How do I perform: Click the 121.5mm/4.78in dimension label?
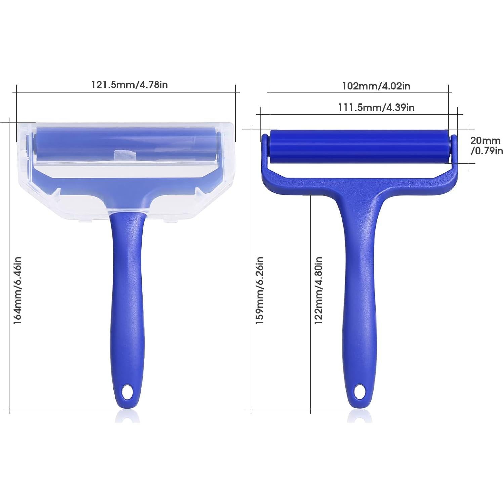[129, 84]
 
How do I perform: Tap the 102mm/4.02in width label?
[376, 86]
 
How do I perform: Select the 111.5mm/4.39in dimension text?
[376, 107]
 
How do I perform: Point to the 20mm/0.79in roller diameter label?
[487, 145]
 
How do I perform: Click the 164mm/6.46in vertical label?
[17, 290]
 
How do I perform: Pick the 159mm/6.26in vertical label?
[259, 290]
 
